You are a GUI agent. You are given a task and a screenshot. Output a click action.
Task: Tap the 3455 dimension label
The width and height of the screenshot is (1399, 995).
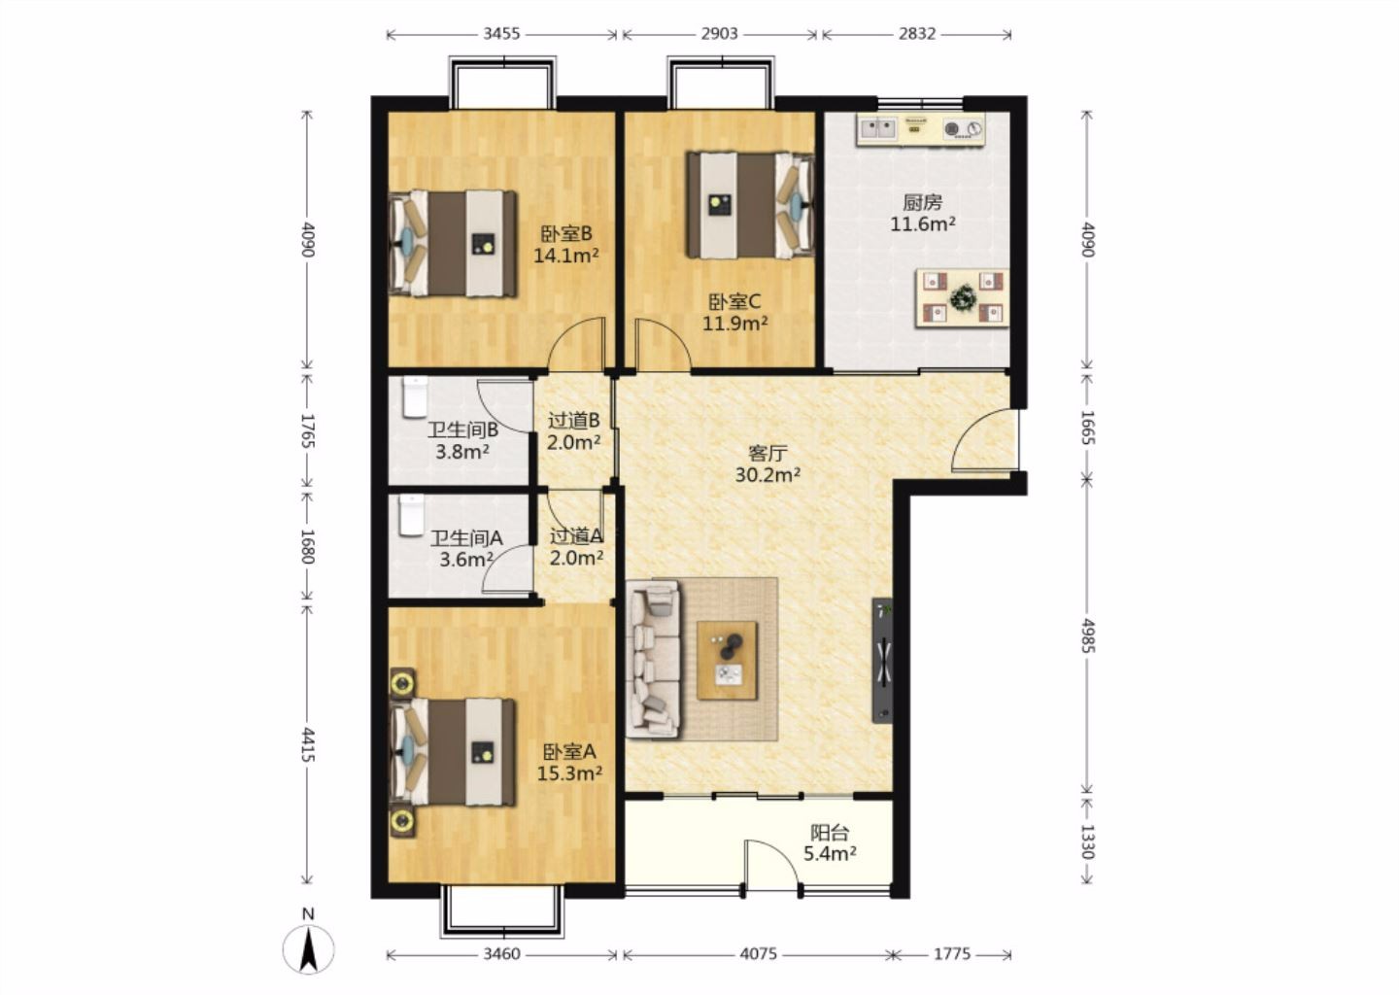pyautogui.click(x=501, y=34)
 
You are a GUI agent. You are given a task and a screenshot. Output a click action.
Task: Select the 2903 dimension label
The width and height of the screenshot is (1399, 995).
pyautogui.click(x=719, y=34)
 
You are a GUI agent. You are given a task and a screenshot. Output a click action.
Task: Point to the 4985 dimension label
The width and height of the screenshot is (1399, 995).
pyautogui.click(x=1088, y=635)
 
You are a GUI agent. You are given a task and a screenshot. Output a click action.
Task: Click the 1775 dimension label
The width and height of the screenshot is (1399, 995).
pyautogui.click(x=952, y=954)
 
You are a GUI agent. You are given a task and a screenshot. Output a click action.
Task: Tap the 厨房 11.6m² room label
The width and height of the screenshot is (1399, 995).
pyautogui.click(x=923, y=213)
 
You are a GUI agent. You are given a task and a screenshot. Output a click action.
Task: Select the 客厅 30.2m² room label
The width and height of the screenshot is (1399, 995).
pyautogui.click(x=768, y=463)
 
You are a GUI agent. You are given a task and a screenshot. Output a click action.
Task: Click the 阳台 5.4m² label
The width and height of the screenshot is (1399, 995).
pyautogui.click(x=830, y=842)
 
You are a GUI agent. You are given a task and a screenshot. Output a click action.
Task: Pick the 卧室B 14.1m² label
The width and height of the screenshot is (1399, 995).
pyautogui.click(x=565, y=244)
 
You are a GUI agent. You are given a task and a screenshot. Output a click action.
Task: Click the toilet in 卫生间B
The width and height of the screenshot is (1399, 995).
pyautogui.click(x=415, y=396)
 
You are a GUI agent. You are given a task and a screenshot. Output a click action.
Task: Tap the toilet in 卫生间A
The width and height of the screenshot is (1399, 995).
pyautogui.click(x=412, y=515)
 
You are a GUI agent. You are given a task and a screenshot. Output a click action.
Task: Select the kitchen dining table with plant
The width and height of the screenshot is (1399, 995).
pyautogui.click(x=962, y=298)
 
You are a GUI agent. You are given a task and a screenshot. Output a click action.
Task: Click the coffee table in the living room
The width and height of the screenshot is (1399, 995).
pyautogui.click(x=727, y=661)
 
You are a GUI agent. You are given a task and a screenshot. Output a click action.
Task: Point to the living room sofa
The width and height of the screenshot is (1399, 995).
pyautogui.click(x=653, y=660)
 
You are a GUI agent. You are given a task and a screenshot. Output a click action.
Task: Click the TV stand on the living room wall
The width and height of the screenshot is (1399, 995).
pyautogui.click(x=882, y=661)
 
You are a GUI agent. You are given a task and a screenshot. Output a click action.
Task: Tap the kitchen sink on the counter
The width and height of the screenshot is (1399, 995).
pyautogui.click(x=878, y=128)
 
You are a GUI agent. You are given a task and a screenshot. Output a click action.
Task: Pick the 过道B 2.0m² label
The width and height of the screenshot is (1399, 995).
pyautogui.click(x=573, y=431)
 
